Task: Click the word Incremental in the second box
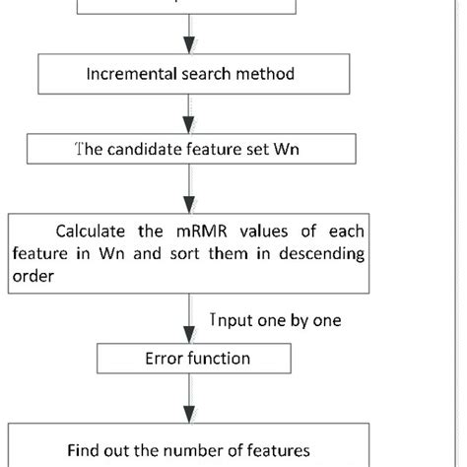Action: coord(123,74)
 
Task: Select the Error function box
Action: coord(183,359)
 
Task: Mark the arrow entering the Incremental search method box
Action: coord(184,40)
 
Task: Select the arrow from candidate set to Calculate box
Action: coord(184,187)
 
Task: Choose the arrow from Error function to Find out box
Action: coord(184,399)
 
